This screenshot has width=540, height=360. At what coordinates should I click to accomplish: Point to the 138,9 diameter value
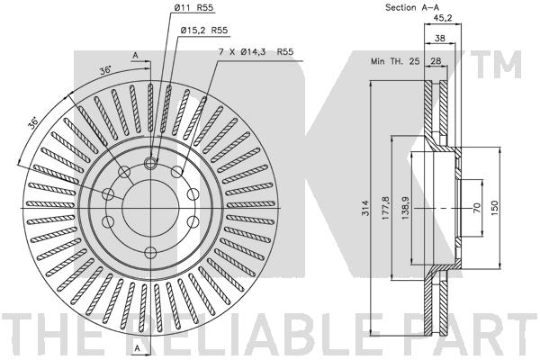[x=405, y=210]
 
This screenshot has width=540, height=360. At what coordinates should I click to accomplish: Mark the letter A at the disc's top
[x=135, y=56]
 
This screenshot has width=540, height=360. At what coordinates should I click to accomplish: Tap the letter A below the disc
[x=135, y=347]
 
